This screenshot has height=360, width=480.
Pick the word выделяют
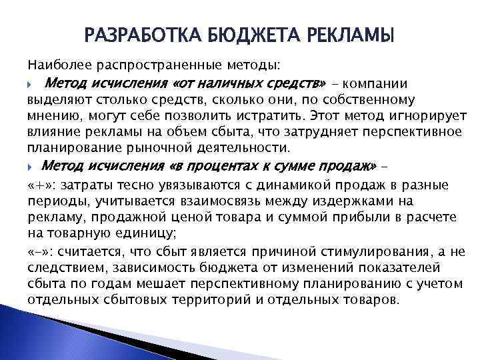(55, 100)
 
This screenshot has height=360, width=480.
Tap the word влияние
(51, 132)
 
